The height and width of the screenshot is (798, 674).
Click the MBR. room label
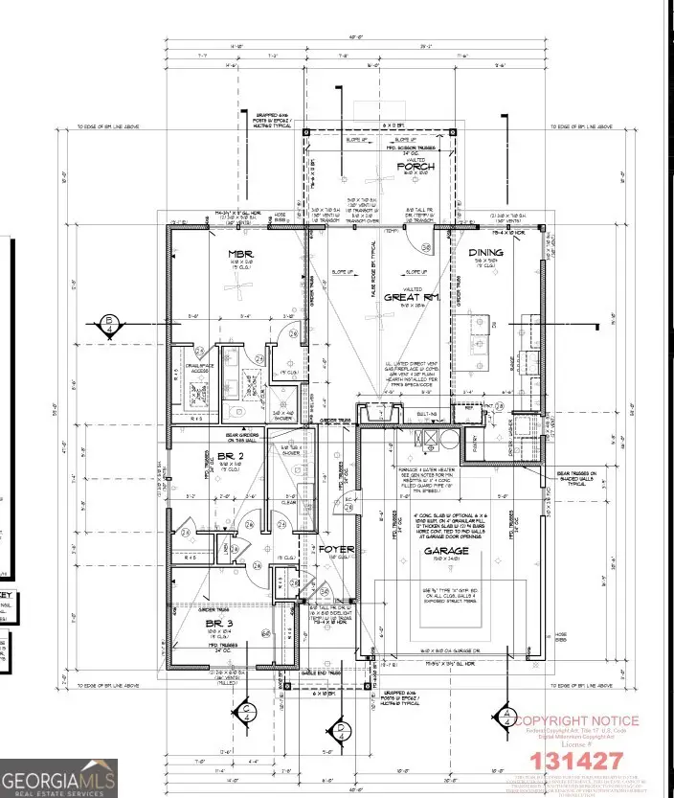pos(238,254)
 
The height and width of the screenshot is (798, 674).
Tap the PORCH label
pos(417,166)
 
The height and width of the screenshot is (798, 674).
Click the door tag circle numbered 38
pos(426,249)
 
